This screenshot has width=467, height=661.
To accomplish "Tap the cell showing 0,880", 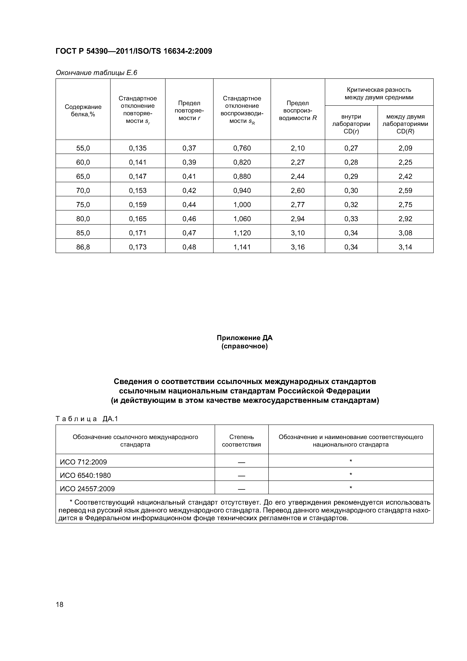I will (x=242, y=177).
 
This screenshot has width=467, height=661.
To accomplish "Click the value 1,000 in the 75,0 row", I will (x=242, y=205).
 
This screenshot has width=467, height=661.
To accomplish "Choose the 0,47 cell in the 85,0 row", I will (x=189, y=233).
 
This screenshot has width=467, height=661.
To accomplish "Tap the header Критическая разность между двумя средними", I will (x=379, y=94).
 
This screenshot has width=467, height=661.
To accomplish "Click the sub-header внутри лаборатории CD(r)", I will (x=351, y=124).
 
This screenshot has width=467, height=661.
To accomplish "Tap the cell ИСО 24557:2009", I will (x=87, y=489).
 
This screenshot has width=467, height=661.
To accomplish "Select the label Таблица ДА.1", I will (x=87, y=419).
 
